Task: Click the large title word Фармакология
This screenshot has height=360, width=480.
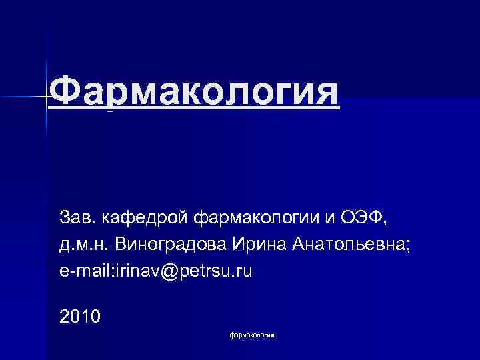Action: point(194,93)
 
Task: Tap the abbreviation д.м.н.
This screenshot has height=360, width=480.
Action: point(84,245)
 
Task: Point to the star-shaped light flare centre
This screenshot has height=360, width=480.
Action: point(47,97)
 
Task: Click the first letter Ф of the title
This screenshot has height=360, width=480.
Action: point(65,93)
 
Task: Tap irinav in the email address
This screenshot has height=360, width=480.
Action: point(139,273)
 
